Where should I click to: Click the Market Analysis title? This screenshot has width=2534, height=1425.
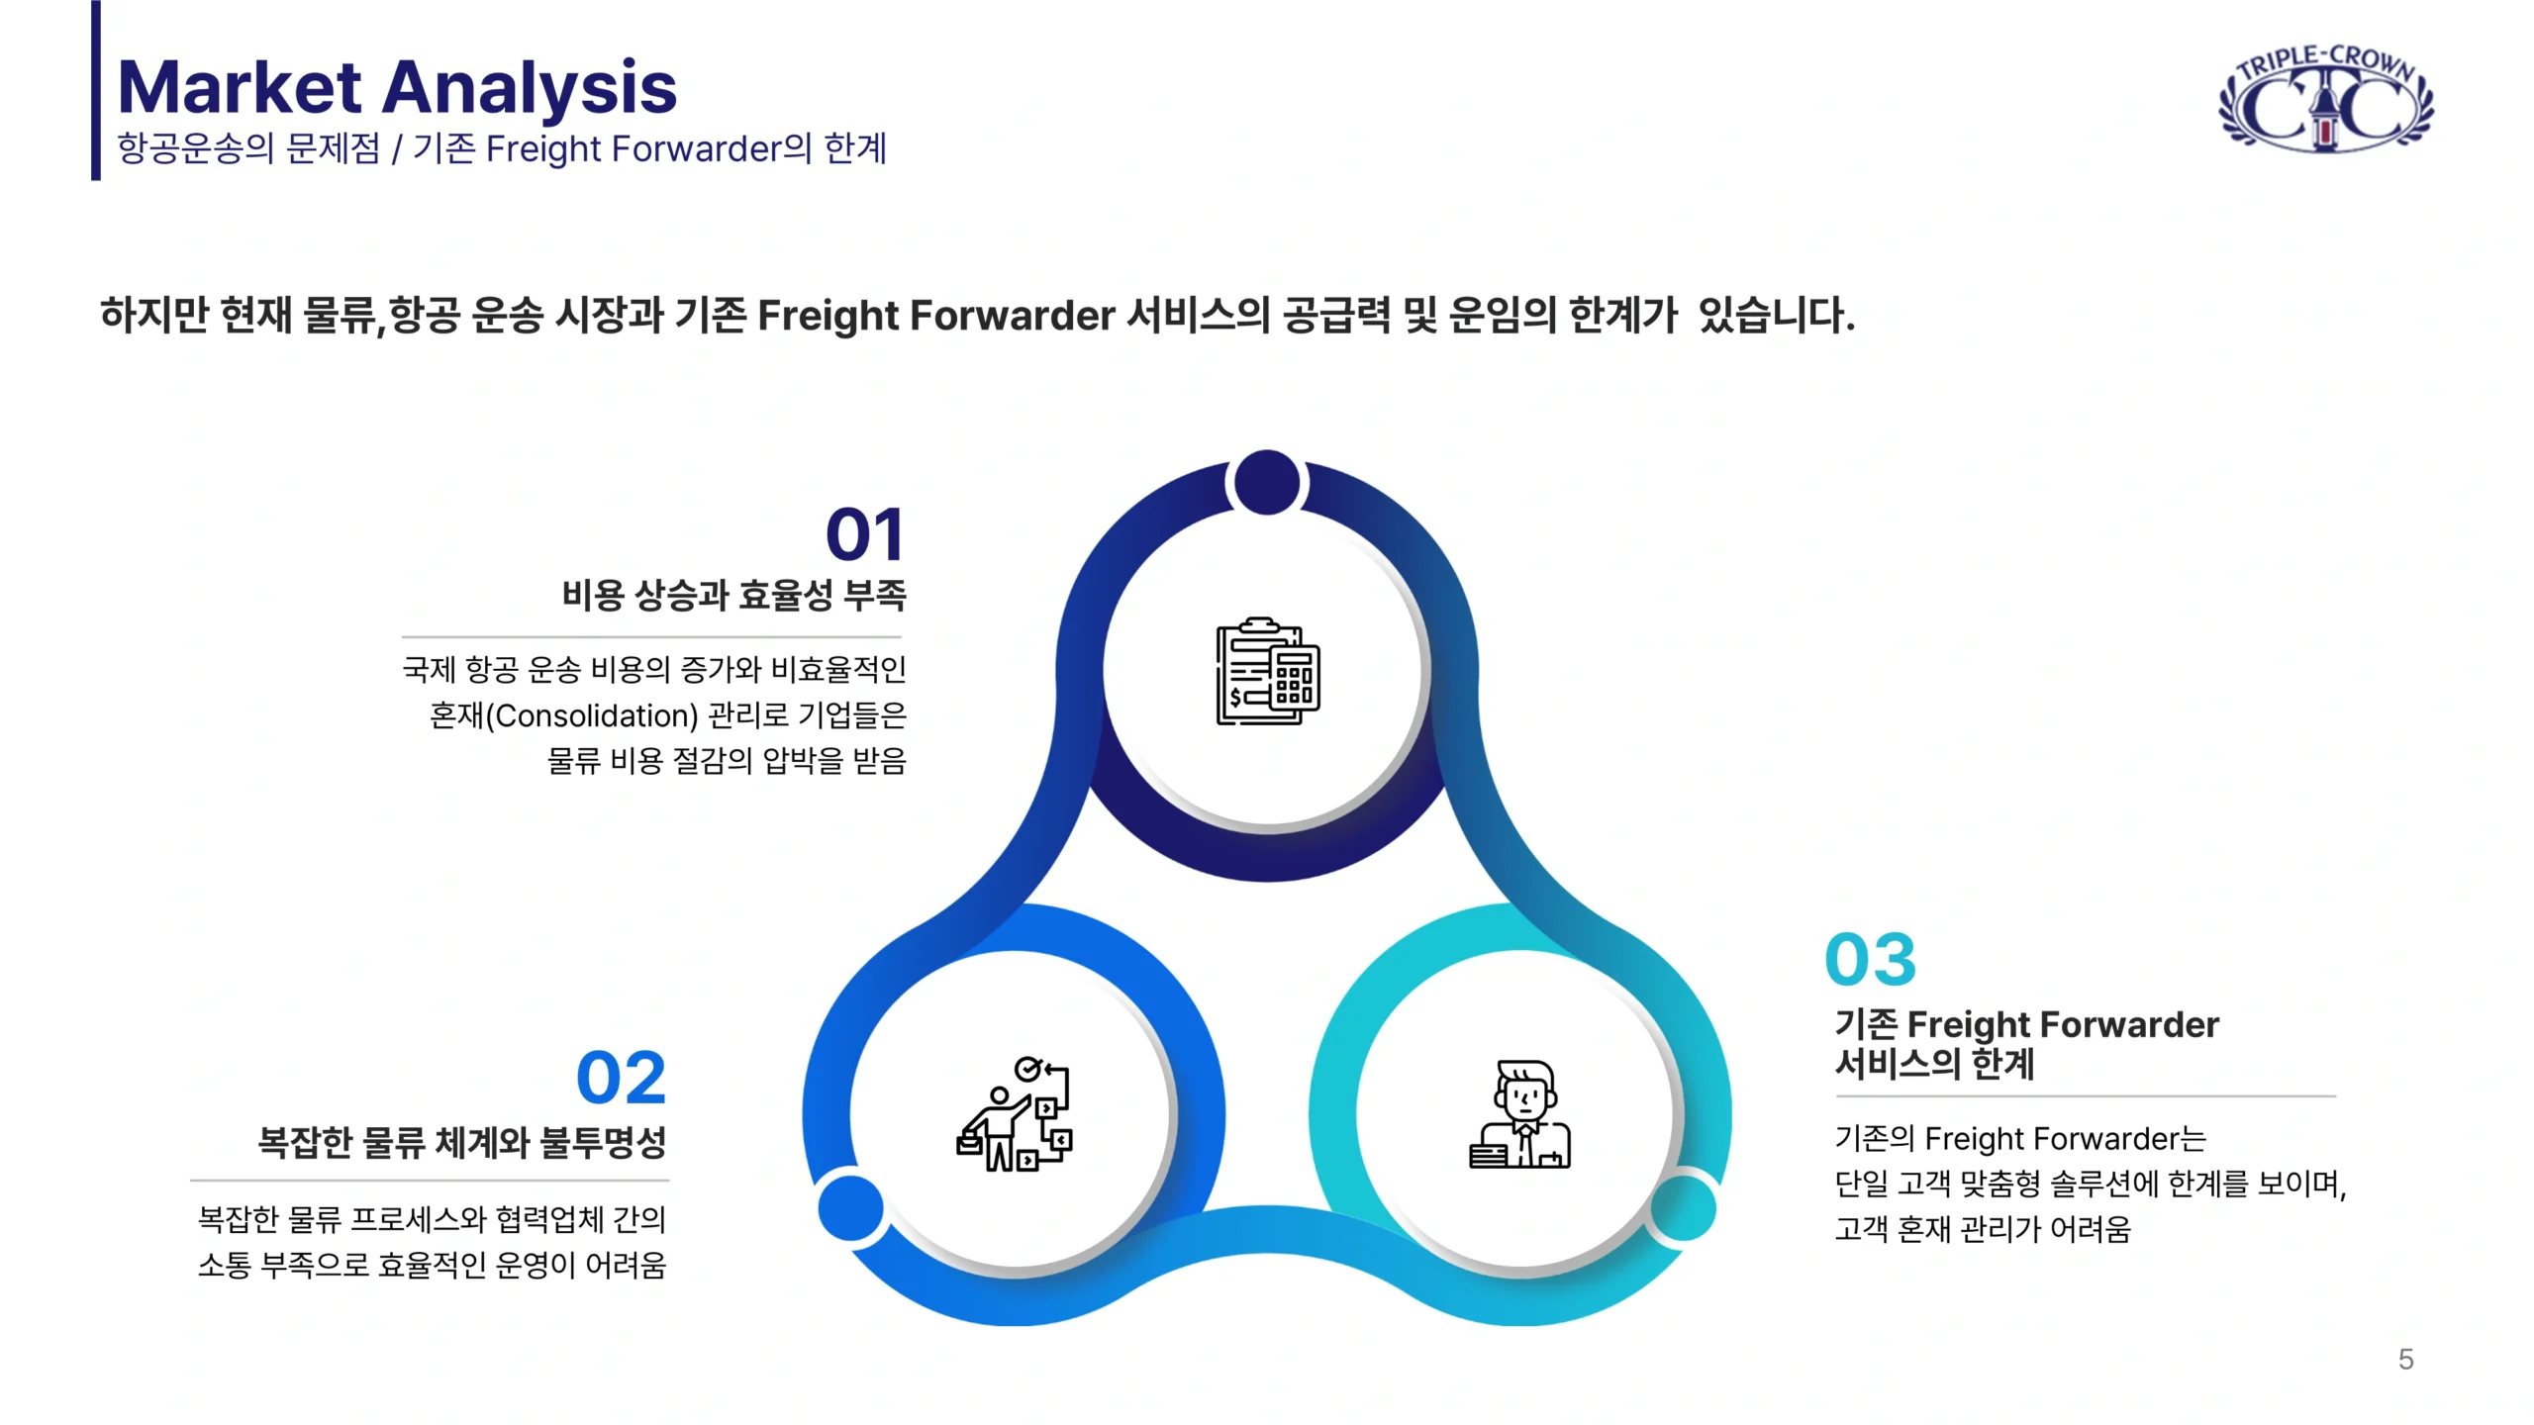pyautogui.click(x=397, y=87)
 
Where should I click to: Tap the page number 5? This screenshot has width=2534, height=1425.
pyautogui.click(x=2406, y=1359)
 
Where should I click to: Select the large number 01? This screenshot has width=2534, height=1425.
pyautogui.click(x=865, y=535)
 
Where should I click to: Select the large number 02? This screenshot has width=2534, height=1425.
pyautogui.click(x=621, y=1078)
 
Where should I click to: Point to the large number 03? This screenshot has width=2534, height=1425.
pyautogui.click(x=1871, y=959)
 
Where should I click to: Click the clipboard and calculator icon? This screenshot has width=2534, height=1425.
pyautogui.click(x=1267, y=671)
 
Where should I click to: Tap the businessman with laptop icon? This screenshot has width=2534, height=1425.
pyautogui.click(x=1520, y=1114)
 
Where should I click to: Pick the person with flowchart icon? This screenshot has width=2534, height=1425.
pyautogui.click(x=1014, y=1114)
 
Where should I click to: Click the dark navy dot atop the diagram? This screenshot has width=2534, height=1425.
pyautogui.click(x=1267, y=483)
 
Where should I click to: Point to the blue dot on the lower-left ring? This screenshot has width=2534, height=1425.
pyautogui.click(x=850, y=1207)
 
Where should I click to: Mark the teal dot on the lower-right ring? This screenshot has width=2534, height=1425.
pyautogui.click(x=1684, y=1207)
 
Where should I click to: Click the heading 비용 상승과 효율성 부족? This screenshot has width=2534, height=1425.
pyautogui.click(x=733, y=595)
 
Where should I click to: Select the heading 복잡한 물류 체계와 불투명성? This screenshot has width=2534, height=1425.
pyautogui.click(x=462, y=1142)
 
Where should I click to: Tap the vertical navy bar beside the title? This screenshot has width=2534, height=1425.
pyautogui.click(x=96, y=90)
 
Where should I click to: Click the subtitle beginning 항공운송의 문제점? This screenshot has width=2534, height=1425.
pyautogui.click(x=502, y=148)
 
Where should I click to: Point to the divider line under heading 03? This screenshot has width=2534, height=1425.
pyautogui.click(x=2086, y=1096)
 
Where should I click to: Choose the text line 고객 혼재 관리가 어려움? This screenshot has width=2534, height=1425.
pyautogui.click(x=1983, y=1229)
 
